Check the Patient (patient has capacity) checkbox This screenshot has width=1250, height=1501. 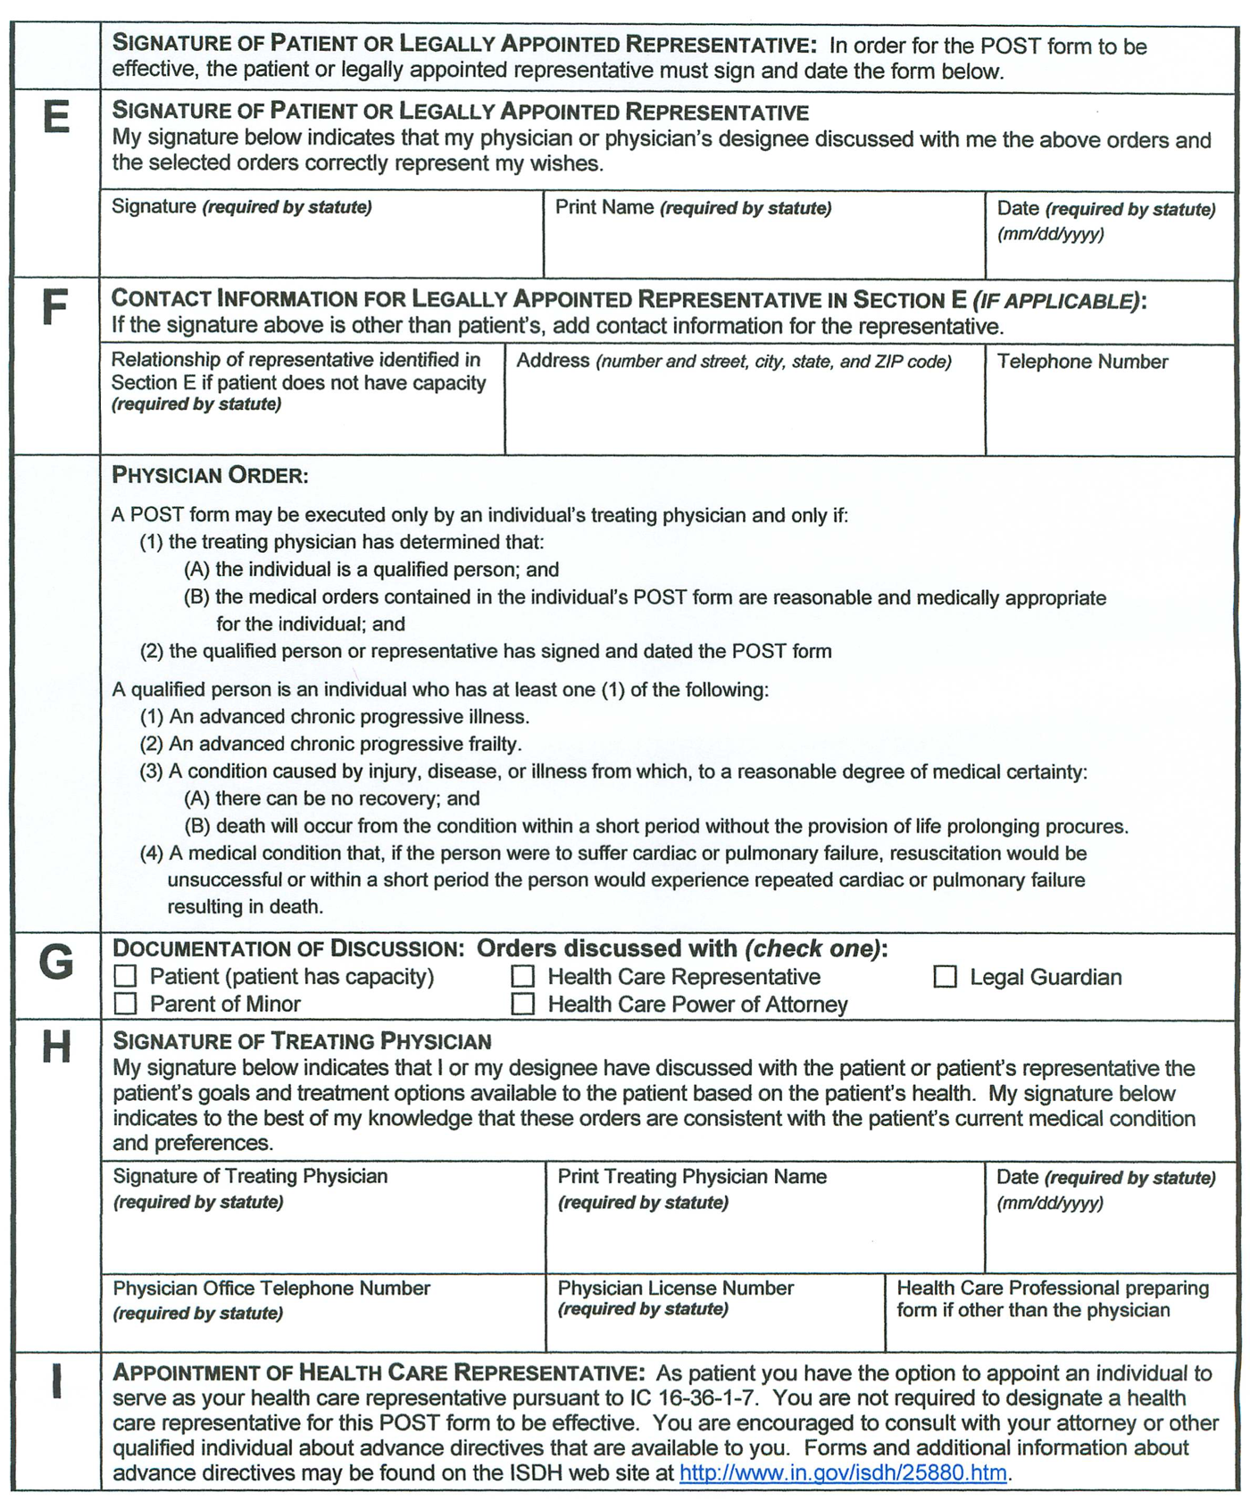click(126, 976)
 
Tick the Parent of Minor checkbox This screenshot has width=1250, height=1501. click(126, 1004)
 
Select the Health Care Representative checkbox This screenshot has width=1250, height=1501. click(523, 977)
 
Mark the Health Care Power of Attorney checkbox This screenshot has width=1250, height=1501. click(523, 1005)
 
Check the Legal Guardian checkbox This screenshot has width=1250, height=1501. click(945, 977)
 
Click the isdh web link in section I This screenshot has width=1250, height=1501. click(843, 1472)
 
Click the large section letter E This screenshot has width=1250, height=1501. click(55, 117)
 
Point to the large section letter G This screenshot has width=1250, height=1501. click(55, 963)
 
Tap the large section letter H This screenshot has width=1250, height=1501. click(55, 1047)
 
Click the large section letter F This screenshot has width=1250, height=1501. click(55, 308)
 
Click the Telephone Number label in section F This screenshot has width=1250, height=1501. click(1082, 362)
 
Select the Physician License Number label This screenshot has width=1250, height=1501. click(675, 1288)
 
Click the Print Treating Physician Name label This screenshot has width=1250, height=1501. click(692, 1176)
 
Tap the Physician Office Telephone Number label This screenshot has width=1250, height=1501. click(271, 1288)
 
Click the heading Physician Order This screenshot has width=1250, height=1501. click(210, 475)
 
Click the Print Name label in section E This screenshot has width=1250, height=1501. click(604, 207)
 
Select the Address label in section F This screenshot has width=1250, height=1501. click(553, 361)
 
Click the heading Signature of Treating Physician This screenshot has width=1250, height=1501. click(302, 1041)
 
